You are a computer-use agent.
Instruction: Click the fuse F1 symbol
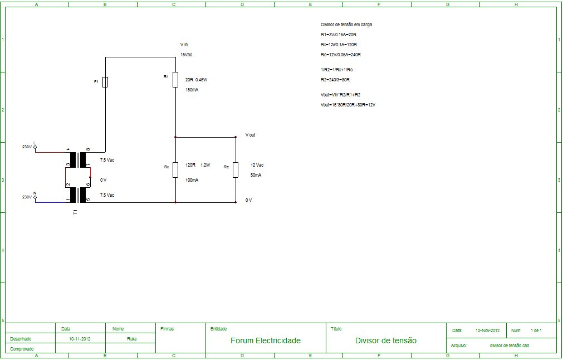(x=105, y=82)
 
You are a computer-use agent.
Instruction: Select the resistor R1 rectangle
(x=175, y=79)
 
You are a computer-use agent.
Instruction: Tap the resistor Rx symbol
(x=175, y=169)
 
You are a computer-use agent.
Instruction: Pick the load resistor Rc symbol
(x=235, y=169)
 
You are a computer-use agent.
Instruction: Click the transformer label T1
(x=76, y=212)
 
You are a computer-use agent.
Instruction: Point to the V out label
(x=250, y=135)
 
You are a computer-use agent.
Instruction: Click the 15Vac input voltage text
(x=186, y=55)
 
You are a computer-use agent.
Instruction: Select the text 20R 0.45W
(x=196, y=80)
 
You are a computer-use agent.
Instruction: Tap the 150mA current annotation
(x=192, y=90)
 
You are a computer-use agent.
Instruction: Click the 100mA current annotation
(x=192, y=180)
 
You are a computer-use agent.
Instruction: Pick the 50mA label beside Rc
(x=256, y=175)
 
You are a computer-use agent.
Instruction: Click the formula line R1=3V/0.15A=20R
(x=339, y=35)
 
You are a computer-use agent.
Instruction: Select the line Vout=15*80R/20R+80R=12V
(x=348, y=105)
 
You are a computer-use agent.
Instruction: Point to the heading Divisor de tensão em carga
(x=346, y=25)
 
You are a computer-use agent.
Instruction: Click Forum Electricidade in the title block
(x=265, y=340)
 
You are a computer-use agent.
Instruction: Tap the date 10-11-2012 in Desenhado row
(x=80, y=338)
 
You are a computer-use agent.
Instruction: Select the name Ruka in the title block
(x=132, y=338)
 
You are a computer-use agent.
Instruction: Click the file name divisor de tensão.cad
(x=509, y=346)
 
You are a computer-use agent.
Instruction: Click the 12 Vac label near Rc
(x=257, y=165)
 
